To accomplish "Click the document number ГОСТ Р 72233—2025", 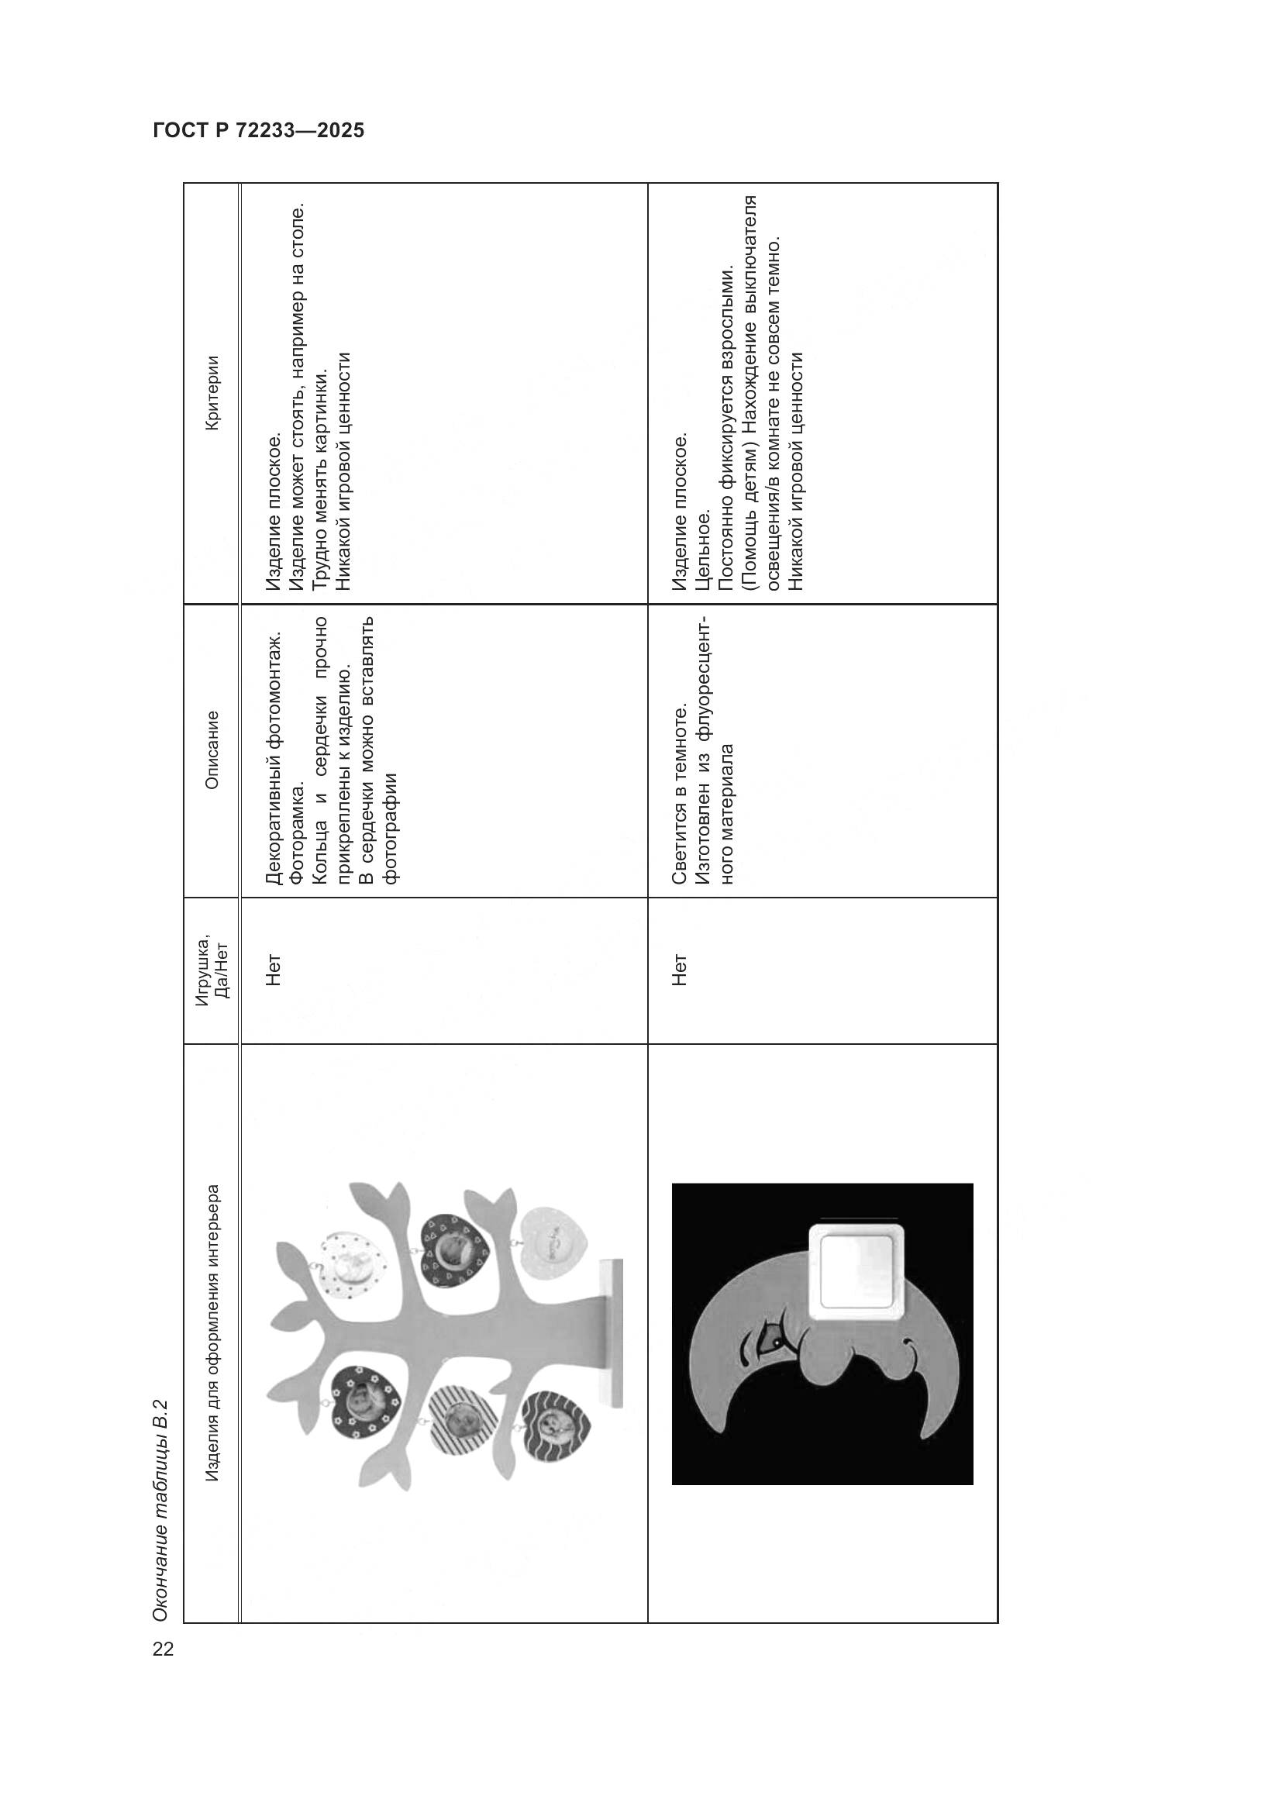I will [258, 131].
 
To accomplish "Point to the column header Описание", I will [212, 750].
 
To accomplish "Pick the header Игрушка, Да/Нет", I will [212, 969].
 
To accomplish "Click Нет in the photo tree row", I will [273, 970].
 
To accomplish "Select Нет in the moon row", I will [680, 970].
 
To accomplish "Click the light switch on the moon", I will [855, 1273].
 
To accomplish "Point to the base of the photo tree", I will [610, 1333].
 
